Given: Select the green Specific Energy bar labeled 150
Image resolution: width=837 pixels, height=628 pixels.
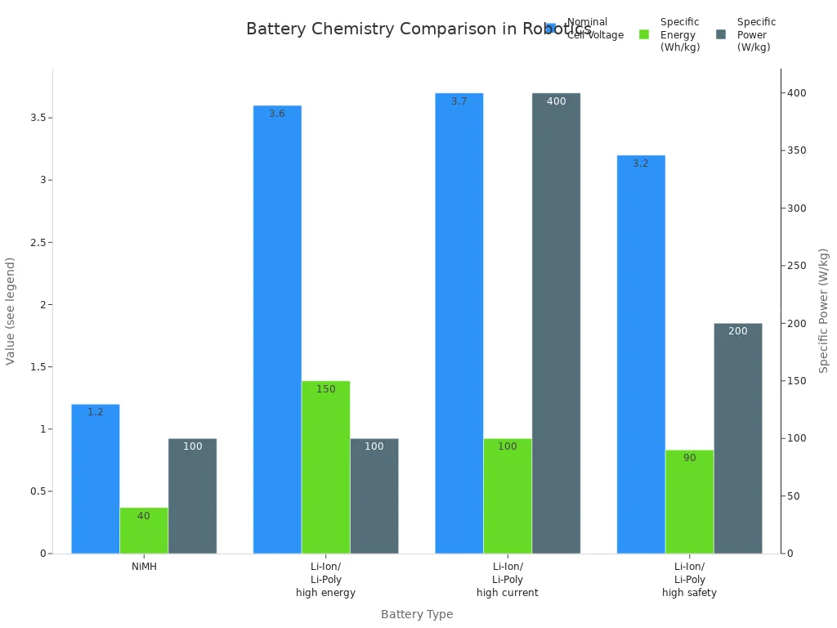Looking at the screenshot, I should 325,467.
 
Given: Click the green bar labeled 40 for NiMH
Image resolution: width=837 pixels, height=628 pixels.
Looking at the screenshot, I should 144,531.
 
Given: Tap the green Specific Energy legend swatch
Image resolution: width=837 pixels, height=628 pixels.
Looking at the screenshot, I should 644,34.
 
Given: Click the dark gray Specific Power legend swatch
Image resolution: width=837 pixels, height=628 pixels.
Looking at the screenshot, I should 721,34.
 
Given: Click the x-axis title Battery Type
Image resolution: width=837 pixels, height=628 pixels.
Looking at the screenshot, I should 417,614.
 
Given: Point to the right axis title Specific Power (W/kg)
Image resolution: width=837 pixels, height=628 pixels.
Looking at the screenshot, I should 824,311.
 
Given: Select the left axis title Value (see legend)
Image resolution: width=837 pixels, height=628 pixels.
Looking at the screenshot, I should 11,311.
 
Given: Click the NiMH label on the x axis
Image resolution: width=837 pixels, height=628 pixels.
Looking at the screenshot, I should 144,567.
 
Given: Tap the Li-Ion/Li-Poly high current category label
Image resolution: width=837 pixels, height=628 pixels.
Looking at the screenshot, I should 508,580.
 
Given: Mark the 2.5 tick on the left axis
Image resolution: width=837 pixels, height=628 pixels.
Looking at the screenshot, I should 35,243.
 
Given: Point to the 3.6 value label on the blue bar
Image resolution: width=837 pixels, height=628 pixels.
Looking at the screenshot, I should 277,114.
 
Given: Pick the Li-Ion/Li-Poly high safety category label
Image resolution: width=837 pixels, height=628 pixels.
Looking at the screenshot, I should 689,580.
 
